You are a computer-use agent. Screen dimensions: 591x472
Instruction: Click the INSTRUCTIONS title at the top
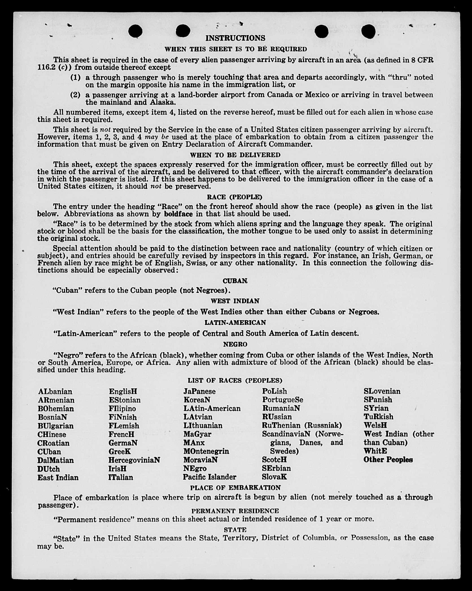235,38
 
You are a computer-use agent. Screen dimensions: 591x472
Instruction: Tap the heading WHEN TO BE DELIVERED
235,155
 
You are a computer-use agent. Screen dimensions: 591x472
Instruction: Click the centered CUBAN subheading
235,281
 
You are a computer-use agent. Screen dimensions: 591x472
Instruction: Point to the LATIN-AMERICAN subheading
235,323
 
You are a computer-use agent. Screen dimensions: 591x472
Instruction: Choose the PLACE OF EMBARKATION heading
235,488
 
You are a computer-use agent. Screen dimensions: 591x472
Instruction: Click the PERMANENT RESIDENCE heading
235,511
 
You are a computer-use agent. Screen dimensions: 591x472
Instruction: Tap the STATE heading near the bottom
235,530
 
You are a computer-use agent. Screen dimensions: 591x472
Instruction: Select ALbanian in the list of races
55,392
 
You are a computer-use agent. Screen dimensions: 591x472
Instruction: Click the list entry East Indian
58,478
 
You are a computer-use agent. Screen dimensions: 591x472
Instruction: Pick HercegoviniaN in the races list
134,460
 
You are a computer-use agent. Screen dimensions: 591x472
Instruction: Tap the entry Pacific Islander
209,477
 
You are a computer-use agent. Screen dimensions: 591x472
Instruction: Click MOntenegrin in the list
206,451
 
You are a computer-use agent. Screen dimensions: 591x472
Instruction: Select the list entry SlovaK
274,477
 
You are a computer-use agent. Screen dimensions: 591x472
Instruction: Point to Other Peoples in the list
388,460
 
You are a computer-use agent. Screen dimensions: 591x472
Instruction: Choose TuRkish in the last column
378,417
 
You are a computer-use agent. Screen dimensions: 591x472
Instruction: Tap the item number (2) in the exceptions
75,95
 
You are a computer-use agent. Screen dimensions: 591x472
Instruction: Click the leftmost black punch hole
135,31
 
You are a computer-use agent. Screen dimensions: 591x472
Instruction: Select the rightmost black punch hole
368,31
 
